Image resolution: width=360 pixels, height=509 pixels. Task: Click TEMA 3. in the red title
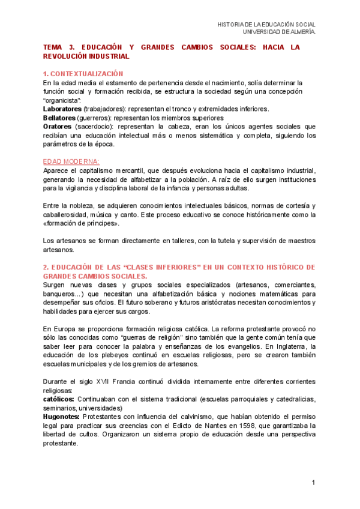[57, 47]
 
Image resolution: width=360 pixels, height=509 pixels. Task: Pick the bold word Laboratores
[62, 109]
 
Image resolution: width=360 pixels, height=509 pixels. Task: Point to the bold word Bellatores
[61, 118]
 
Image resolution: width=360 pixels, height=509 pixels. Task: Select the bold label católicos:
[59, 399]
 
